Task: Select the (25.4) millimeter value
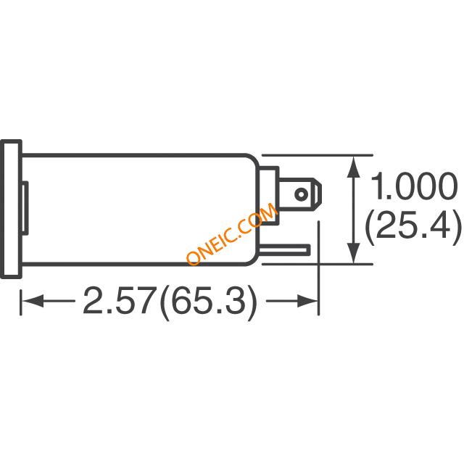point(413,226)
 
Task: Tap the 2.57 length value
point(120,300)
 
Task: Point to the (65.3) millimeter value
point(208,302)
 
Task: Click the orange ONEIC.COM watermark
point(232,233)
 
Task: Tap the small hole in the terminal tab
point(301,194)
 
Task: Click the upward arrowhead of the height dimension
point(353,167)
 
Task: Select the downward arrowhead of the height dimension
point(353,252)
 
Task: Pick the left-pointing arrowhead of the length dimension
point(33,301)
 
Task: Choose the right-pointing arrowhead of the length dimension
point(307,301)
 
